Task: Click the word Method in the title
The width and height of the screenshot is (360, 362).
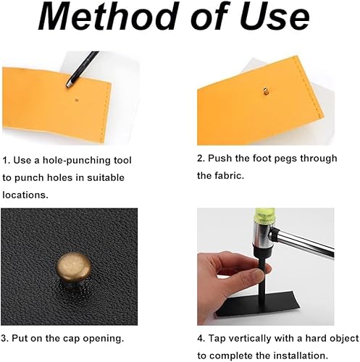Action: (107, 16)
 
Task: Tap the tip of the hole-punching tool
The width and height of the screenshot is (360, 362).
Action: (68, 85)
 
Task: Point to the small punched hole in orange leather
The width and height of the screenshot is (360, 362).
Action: (77, 100)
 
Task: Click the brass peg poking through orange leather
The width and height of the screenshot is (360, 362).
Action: (266, 92)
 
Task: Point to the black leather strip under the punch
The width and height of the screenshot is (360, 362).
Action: (258, 306)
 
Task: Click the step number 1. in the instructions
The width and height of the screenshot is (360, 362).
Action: (7, 161)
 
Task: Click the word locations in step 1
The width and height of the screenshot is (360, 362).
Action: (25, 195)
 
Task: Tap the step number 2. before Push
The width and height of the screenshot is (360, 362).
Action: (201, 159)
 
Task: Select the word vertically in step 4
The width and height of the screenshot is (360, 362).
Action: (249, 339)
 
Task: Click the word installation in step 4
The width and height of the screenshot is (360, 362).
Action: (298, 355)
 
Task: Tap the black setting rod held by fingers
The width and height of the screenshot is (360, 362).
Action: (261, 275)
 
